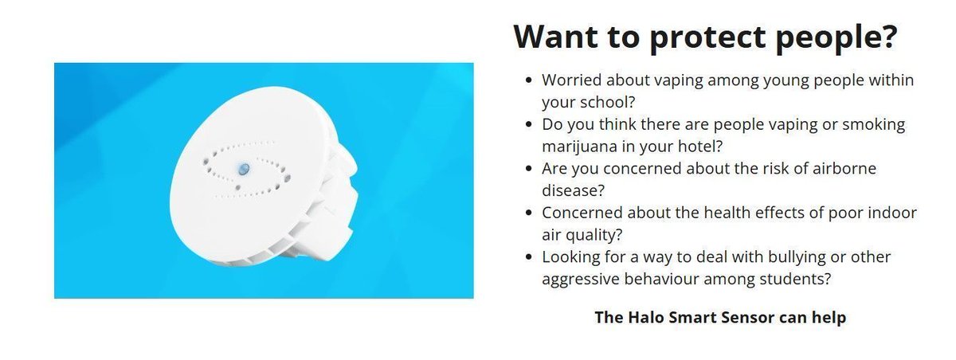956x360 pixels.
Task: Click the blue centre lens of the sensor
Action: click(244, 168)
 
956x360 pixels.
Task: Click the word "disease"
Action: click(569, 191)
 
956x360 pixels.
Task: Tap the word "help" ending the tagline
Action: click(829, 317)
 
